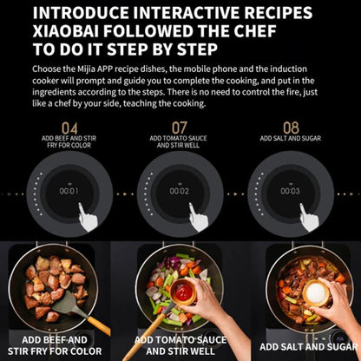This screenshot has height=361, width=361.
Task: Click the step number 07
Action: pos(179,128)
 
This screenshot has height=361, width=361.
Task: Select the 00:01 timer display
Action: pos(69,191)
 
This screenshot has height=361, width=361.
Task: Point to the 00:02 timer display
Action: pos(180,191)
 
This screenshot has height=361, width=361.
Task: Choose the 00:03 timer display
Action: pos(290,191)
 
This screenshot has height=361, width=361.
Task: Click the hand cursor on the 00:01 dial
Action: pos(89,217)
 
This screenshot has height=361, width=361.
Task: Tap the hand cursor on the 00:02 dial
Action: pos(199,217)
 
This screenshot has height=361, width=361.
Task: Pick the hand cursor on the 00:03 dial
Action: pos(310,217)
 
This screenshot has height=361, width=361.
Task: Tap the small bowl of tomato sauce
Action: pos(184,290)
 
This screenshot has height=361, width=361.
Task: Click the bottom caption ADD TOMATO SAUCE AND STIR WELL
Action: pos(180,345)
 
